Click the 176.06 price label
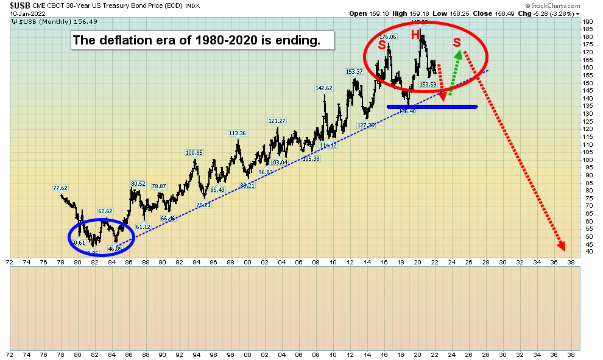click(x=388, y=37)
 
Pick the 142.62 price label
click(x=323, y=88)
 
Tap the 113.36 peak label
click(x=237, y=133)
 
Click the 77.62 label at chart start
click(x=60, y=188)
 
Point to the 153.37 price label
click(x=354, y=72)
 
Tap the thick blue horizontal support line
click(x=432, y=107)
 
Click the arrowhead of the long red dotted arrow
click(x=562, y=247)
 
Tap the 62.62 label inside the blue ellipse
click(x=107, y=212)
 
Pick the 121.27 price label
click(x=277, y=121)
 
